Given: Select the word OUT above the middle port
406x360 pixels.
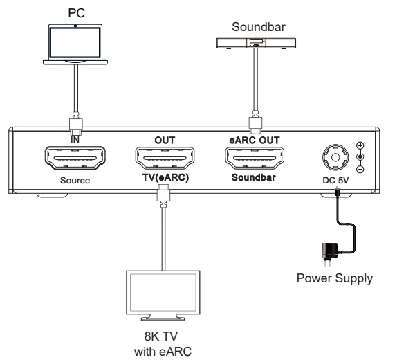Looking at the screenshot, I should pyautogui.click(x=164, y=139).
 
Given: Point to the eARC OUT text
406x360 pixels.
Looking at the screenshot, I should pyautogui.click(x=254, y=139).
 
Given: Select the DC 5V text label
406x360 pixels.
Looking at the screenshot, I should pyautogui.click(x=335, y=181).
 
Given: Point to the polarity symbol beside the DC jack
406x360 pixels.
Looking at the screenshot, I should pyautogui.click(x=360, y=157).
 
